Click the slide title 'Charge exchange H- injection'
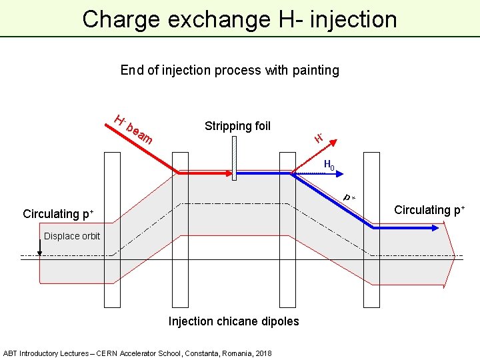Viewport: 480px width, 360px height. pos(239,19)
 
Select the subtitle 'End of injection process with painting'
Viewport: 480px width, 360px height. pos(229,70)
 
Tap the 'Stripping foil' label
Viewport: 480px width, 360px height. pos(237,126)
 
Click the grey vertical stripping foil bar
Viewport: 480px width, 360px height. pos(234,161)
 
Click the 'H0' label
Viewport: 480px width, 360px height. pos(329,165)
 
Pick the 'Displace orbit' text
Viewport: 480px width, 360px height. pos(72,236)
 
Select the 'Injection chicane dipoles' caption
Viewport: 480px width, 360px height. pos(233,321)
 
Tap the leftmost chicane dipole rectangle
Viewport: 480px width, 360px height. pos(112,229)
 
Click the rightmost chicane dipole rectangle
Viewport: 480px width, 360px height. pos(371,229)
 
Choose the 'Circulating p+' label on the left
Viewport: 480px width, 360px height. pos(58,214)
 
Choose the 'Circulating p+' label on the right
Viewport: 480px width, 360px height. pos(429,210)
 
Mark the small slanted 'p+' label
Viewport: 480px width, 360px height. pos(349,197)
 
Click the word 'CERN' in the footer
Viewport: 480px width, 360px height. pos(106,353)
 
